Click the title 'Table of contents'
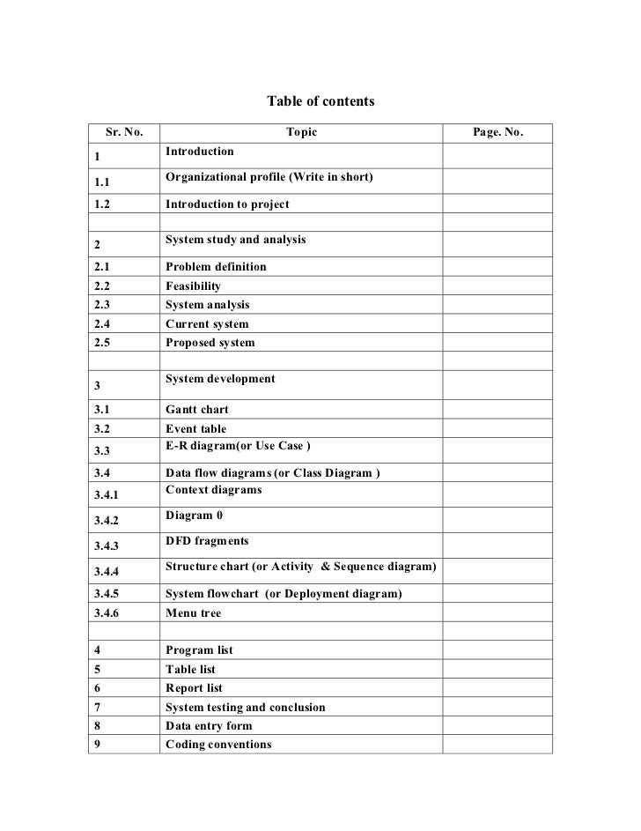tap(320, 101)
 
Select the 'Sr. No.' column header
tap(124, 133)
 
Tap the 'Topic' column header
tap(301, 133)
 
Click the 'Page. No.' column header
tap(497, 133)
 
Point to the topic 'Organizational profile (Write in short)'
tap(269, 178)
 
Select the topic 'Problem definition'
tap(216, 267)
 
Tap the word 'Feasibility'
tap(193, 286)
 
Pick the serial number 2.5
tap(105, 343)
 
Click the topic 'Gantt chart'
tap(198, 411)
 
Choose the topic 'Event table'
tap(195, 429)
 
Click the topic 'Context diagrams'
tap(213, 490)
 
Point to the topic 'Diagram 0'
tap(188, 515)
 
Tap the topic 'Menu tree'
tap(193, 613)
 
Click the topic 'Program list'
tap(199, 650)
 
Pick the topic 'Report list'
tap(194, 688)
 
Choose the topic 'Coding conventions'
tap(218, 745)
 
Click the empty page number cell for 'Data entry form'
tap(497, 726)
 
